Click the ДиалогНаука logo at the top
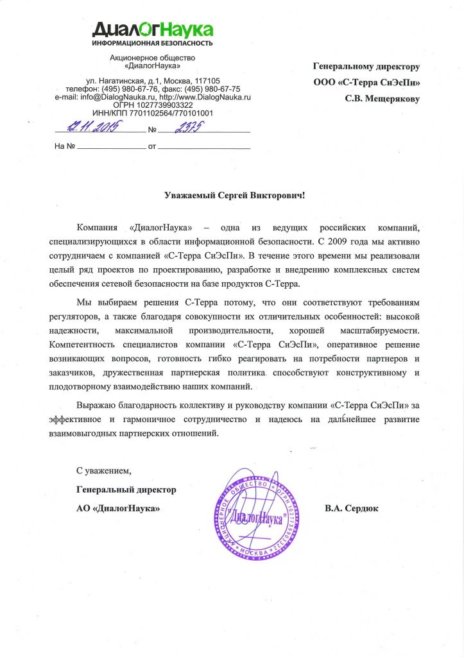click(x=152, y=29)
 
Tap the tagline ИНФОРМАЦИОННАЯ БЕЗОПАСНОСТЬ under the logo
click(x=152, y=44)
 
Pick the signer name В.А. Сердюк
click(x=352, y=508)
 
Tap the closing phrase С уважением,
click(x=103, y=471)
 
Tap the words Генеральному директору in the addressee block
click(x=366, y=66)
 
